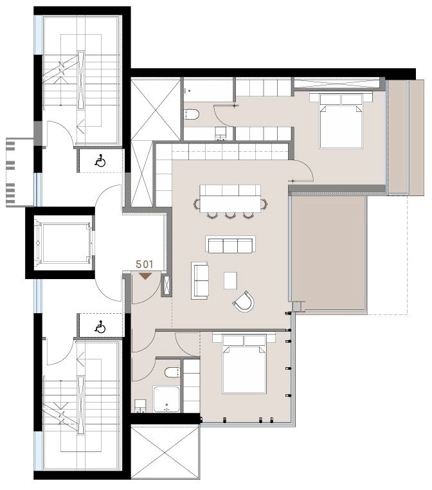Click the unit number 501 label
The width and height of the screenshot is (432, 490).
coord(145,264)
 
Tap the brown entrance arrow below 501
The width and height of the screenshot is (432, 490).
coord(145,276)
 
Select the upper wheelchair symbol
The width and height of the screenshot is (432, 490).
coord(100,161)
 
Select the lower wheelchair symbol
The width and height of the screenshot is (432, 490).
coord(100,327)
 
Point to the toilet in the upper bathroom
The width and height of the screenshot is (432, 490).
coord(192,114)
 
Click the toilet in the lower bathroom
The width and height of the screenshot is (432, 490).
coord(172,372)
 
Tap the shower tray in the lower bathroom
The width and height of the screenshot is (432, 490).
coord(166,399)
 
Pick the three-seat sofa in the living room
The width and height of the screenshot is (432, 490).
coord(230,244)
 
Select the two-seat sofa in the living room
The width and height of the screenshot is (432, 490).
coord(200,280)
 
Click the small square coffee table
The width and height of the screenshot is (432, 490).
coord(230,280)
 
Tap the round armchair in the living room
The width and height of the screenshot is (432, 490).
coord(244,302)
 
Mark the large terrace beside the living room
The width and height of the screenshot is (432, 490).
coord(328,253)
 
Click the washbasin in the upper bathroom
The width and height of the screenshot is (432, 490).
coord(221,133)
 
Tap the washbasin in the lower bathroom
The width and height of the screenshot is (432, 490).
coord(140,406)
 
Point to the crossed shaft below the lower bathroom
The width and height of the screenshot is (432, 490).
coord(165,452)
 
